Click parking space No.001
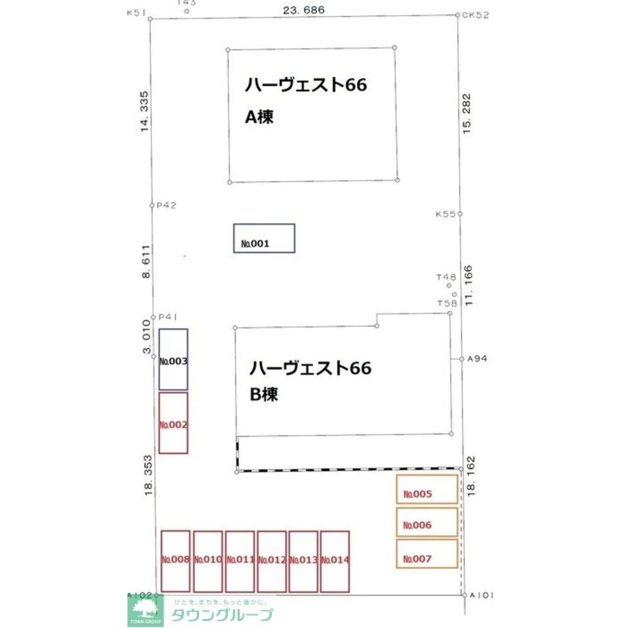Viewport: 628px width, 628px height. click(264, 238)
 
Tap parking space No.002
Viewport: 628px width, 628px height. click(173, 423)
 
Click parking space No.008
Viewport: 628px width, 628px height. click(176, 561)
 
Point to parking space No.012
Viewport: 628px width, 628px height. click(272, 561)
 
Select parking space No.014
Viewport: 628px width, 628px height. click(335, 561)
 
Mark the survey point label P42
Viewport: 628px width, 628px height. click(167, 205)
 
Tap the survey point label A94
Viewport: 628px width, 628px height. click(477, 359)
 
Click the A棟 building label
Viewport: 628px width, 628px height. click(259, 117)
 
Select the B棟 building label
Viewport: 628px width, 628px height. click(264, 395)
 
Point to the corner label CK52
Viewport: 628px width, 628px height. click(475, 14)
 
